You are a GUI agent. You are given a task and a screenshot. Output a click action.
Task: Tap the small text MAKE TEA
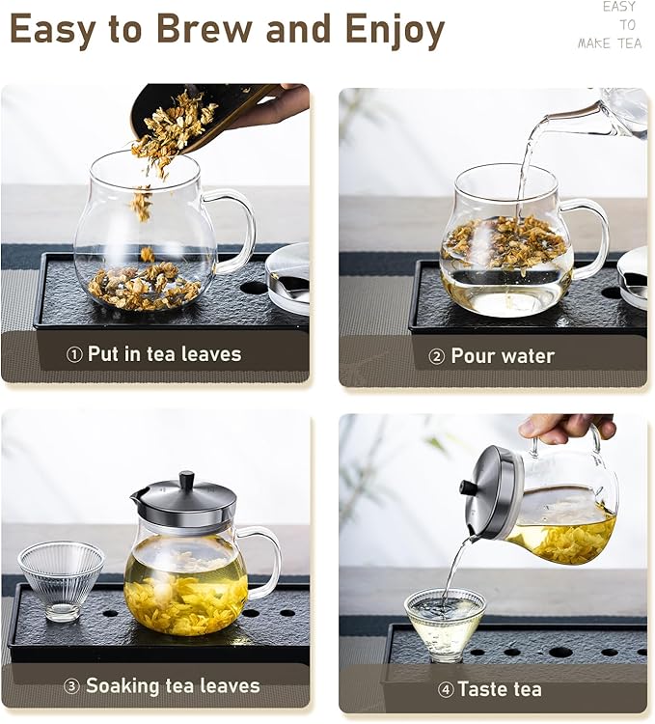[x=609, y=43]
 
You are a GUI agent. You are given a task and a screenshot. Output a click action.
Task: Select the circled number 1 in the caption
[x=74, y=355]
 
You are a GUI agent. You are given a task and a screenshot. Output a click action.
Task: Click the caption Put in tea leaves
[x=164, y=354]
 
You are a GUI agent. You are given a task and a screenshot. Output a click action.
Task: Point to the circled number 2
[x=436, y=356]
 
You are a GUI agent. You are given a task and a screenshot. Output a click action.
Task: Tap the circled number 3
[x=71, y=686]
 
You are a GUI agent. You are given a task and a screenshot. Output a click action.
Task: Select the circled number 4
[x=445, y=689]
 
